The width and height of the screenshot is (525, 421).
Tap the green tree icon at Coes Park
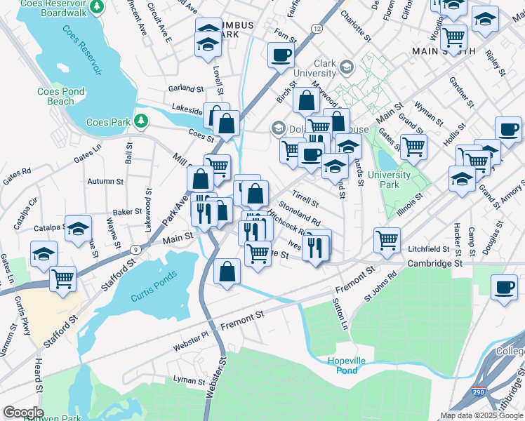click(142, 121)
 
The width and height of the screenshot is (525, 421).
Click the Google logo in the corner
click(23, 412)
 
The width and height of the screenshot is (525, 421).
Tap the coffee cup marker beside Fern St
click(281, 55)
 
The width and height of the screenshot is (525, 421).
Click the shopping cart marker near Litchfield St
click(387, 240)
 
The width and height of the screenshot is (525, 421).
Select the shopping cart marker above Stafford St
click(63, 277)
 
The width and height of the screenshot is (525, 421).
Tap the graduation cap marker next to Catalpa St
click(79, 228)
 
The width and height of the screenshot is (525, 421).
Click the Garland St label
click(185, 89)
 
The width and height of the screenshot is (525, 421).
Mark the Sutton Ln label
click(339, 314)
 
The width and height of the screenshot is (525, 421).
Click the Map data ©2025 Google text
click(481, 415)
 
